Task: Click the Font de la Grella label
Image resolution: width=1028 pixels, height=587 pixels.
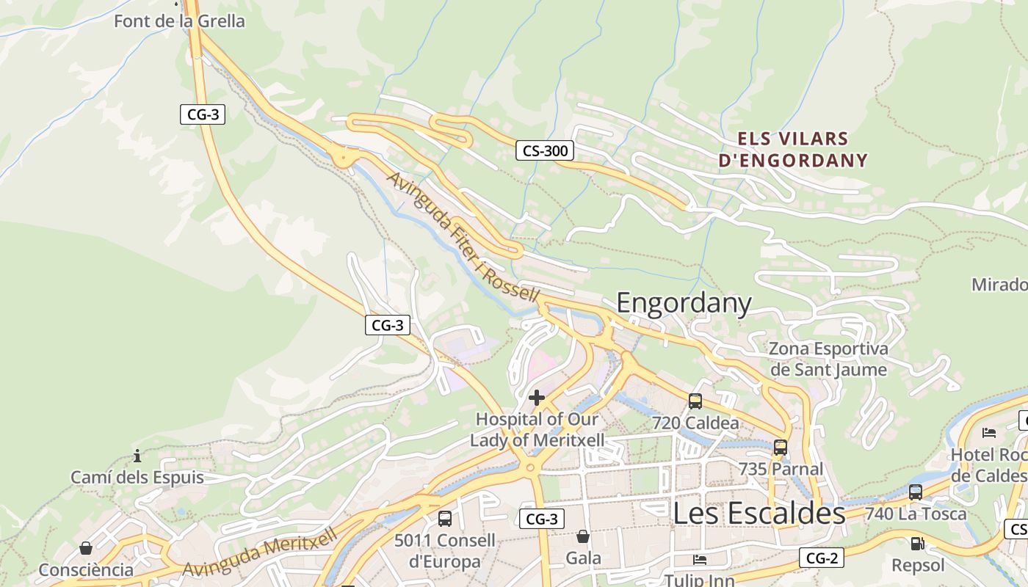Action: tap(179, 21)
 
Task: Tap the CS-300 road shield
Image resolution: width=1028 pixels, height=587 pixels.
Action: tap(544, 151)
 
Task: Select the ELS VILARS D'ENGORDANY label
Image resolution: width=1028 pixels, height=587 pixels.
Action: tap(793, 150)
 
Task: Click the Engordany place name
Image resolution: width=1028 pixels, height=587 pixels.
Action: tap(684, 303)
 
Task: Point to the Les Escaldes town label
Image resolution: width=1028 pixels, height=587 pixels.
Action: tap(759, 514)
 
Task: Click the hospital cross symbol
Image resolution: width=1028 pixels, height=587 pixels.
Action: tap(537, 398)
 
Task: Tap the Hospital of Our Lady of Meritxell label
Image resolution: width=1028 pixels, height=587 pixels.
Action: tap(537, 430)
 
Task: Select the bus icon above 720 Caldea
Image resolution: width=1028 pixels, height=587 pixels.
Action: tap(695, 401)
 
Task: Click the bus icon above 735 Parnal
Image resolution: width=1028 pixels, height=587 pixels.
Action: tap(780, 447)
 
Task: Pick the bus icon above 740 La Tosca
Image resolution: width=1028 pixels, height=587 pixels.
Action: tap(915, 492)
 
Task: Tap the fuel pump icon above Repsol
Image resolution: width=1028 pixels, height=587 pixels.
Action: tap(917, 544)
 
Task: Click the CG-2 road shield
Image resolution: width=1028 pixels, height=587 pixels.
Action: tap(822, 558)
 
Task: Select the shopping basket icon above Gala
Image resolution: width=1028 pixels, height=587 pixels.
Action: tap(582, 536)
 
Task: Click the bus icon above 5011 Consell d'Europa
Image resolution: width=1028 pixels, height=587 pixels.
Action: tap(444, 519)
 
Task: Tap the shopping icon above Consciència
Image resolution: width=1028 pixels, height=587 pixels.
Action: tap(85, 548)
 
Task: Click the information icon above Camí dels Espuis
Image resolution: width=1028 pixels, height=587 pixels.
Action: tap(137, 456)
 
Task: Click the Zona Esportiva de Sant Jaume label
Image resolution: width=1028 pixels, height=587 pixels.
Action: tap(828, 359)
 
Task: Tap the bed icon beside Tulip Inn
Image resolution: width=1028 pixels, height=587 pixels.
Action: tap(700, 560)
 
